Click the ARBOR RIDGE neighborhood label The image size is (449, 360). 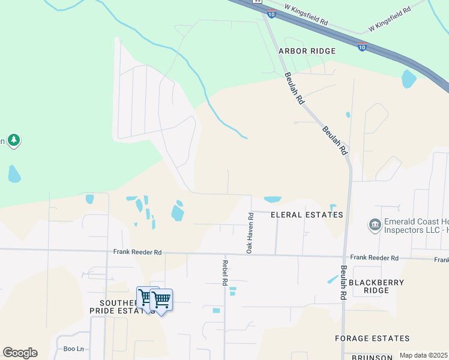point(307,51)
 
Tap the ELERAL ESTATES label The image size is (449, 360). point(307,214)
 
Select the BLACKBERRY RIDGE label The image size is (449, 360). point(376,286)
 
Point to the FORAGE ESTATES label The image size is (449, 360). point(364,338)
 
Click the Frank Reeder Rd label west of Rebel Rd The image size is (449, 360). point(137,253)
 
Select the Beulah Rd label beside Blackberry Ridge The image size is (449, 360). point(345,283)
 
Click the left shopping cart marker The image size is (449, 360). point(146,297)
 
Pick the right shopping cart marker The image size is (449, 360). point(161,299)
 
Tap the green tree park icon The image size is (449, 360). point(14,140)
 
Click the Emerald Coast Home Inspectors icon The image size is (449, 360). point(375,226)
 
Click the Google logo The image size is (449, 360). point(20,353)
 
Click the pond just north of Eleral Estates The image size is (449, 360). point(273,199)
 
